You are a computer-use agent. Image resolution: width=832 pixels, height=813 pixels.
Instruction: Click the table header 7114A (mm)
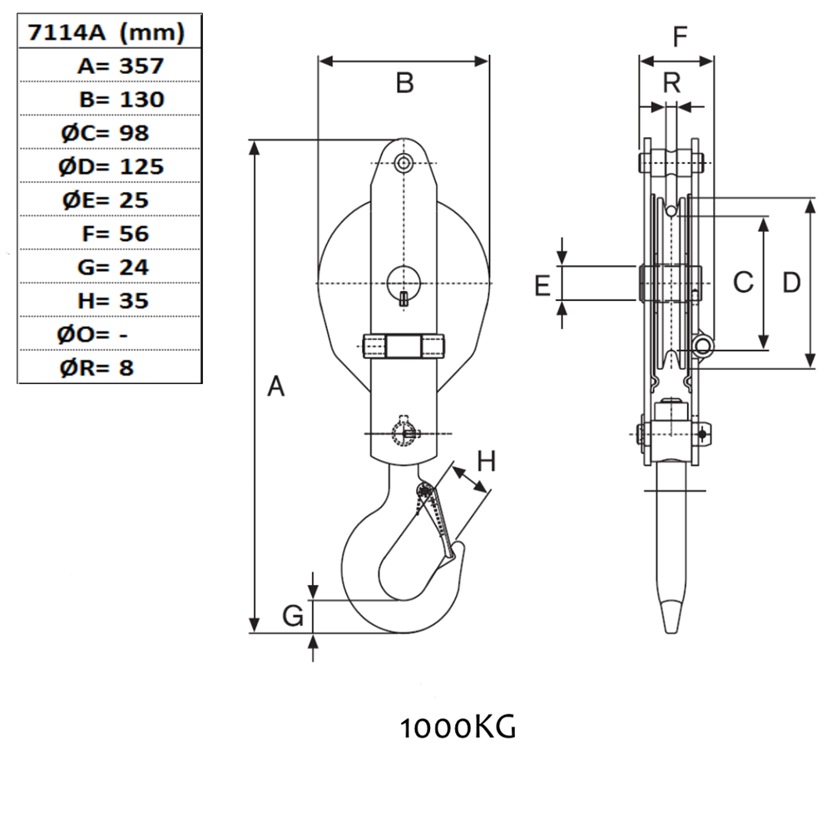[106, 33]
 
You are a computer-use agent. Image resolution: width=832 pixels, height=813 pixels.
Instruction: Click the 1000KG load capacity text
[458, 728]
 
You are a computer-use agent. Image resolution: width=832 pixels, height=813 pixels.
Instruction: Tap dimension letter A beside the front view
[276, 387]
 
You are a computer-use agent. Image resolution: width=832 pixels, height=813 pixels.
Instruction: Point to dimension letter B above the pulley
[404, 83]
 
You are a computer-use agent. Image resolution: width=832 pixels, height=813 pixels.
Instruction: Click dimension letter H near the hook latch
[486, 461]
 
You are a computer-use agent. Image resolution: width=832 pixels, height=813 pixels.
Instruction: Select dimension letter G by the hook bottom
[292, 616]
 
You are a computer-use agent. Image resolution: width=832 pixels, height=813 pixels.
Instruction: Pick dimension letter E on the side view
[542, 285]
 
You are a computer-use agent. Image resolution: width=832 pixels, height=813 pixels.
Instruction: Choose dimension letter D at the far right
[791, 283]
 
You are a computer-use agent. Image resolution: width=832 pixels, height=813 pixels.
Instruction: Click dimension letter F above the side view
[680, 38]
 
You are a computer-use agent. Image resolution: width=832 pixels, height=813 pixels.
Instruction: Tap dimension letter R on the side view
[672, 82]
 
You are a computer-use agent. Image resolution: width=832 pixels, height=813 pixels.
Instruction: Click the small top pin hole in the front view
[404, 163]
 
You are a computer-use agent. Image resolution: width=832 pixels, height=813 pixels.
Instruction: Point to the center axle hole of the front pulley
[404, 281]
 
